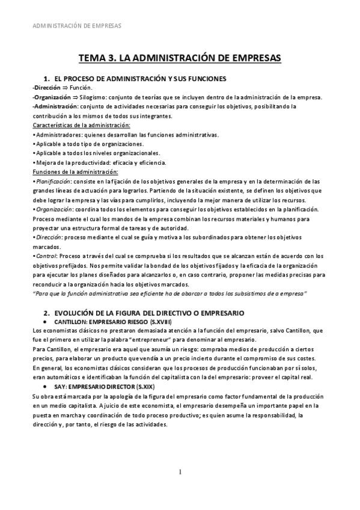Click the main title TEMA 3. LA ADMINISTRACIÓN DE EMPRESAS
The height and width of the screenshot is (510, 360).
point(180,58)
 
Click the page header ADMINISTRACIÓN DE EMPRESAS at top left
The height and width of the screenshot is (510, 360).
point(75,26)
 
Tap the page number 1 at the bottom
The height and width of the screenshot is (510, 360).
point(180,471)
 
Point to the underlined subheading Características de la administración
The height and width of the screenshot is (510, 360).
point(81,125)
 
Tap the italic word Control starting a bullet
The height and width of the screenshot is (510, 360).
point(46,256)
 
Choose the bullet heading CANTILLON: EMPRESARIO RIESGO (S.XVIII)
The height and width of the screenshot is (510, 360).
point(104,322)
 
